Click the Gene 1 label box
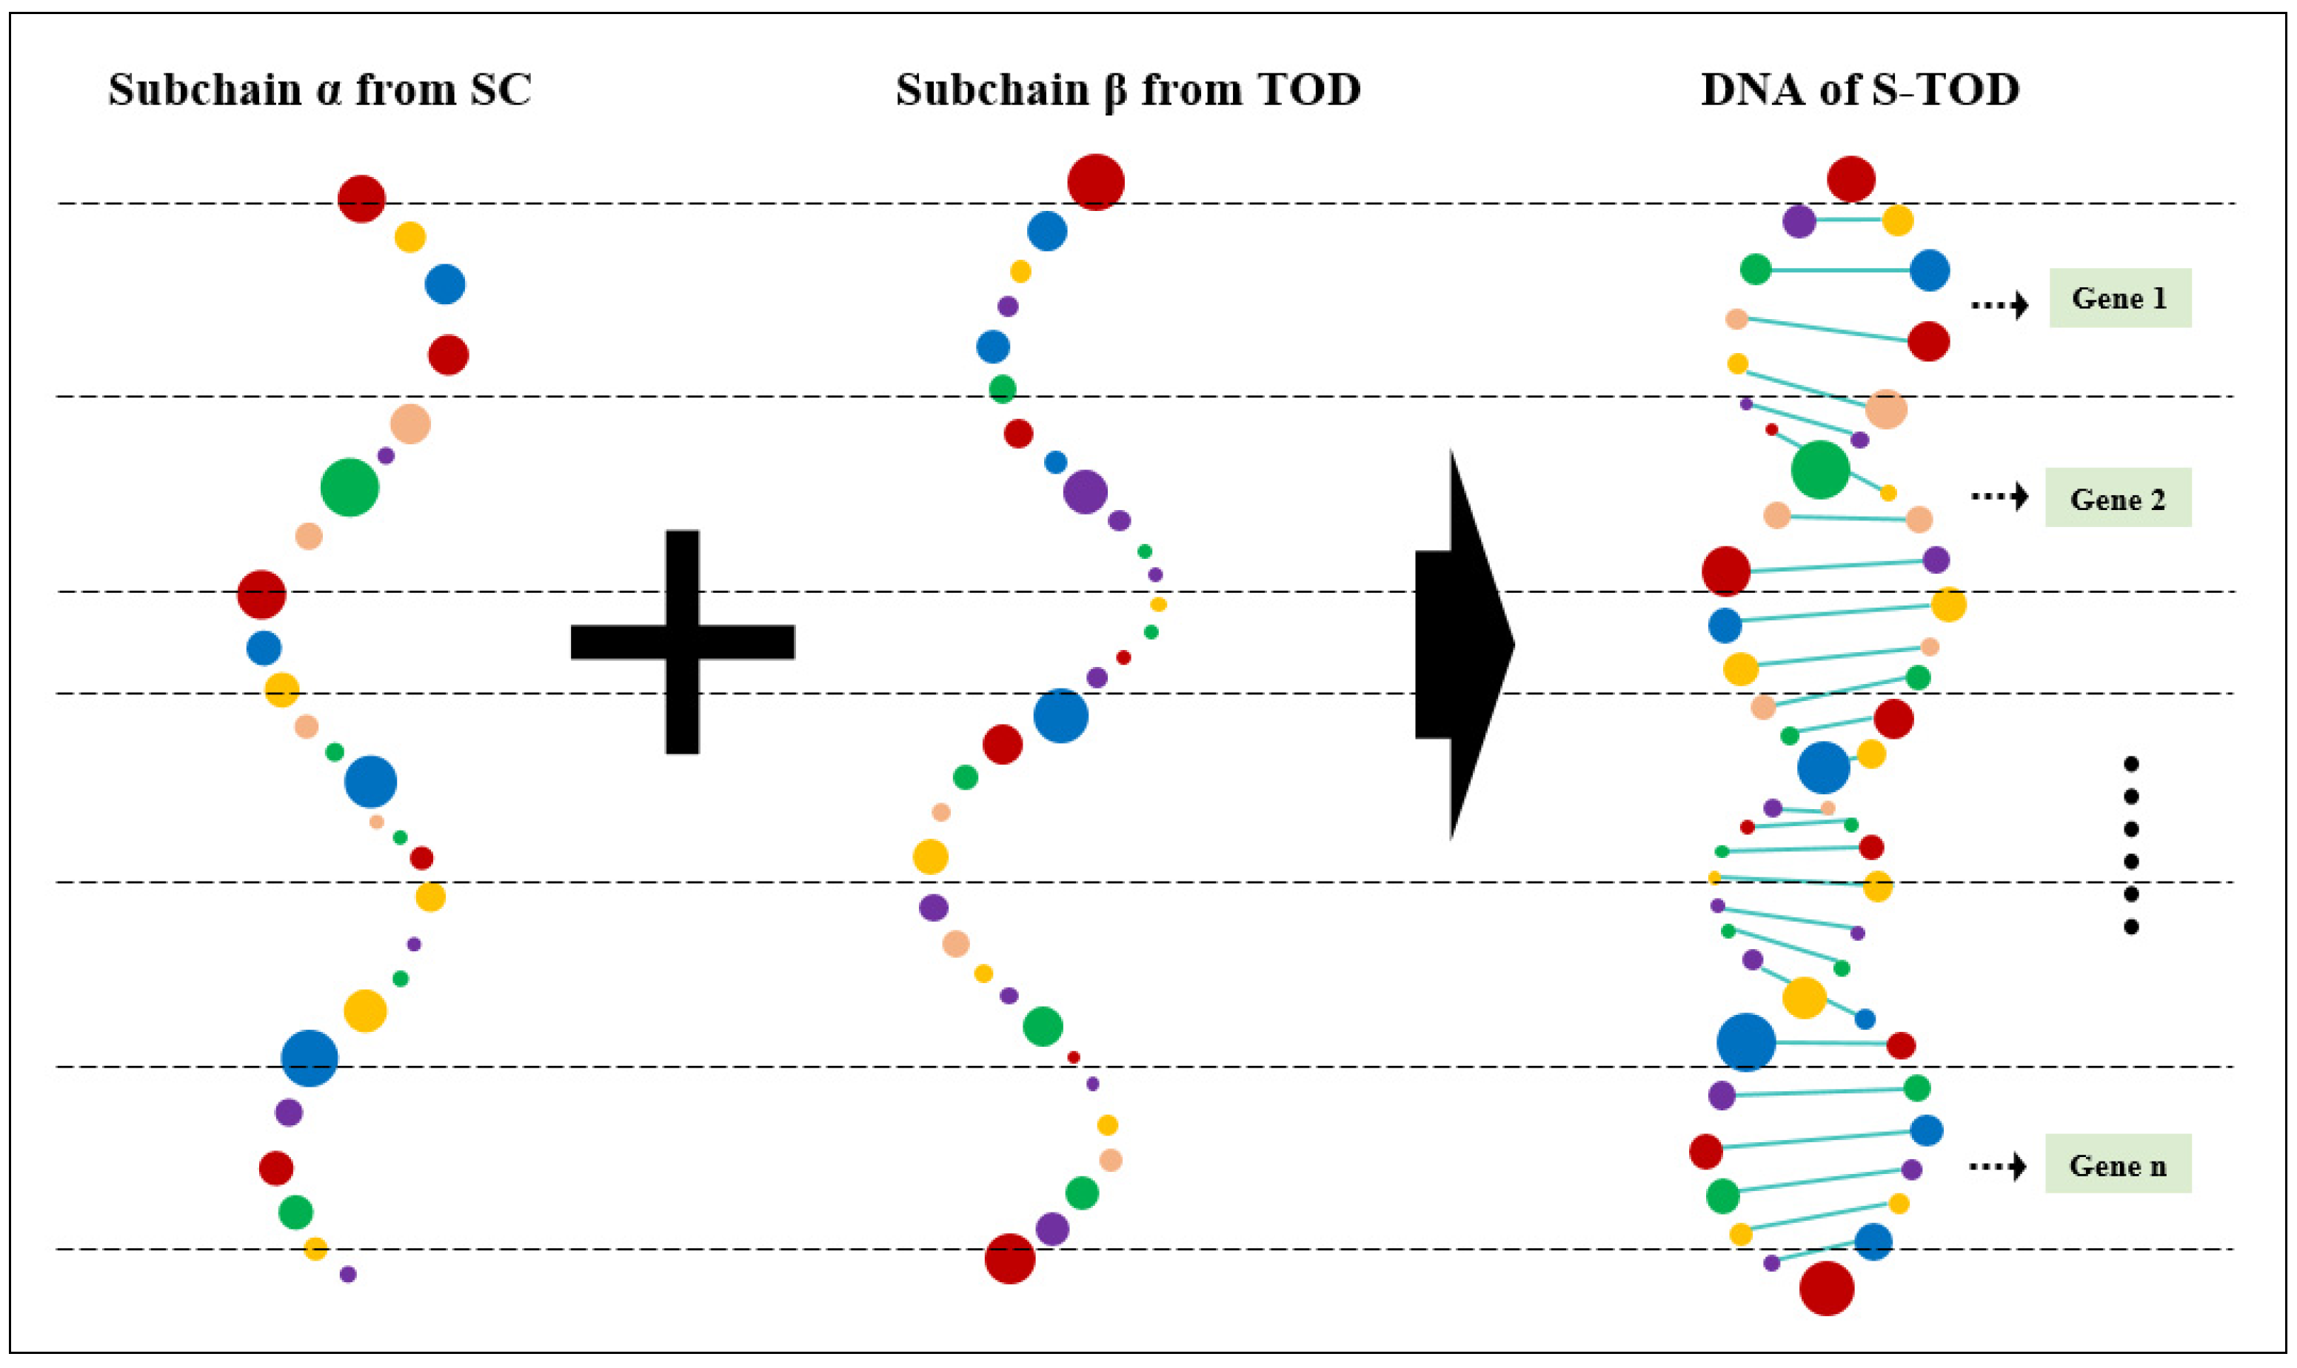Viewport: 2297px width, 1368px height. [2119, 298]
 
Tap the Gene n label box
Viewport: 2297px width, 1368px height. [2117, 1164]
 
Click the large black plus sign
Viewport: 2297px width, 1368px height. [683, 642]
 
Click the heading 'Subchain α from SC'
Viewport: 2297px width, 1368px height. [320, 90]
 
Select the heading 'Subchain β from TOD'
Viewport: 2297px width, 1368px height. [1128, 90]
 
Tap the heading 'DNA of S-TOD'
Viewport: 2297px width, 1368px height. [1860, 90]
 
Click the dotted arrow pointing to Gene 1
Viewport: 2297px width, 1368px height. [1999, 304]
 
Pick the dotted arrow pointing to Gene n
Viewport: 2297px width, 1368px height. [1997, 1167]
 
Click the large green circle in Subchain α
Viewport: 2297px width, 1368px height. [350, 487]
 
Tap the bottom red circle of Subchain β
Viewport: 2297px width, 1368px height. [1010, 1258]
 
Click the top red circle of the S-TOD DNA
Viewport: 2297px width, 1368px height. [1850, 179]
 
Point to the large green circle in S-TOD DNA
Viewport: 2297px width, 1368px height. [1819, 469]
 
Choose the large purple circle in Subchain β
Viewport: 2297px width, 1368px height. [1084, 492]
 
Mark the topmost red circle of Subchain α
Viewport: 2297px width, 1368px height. [361, 198]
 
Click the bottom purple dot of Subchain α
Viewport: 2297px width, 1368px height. [347, 1274]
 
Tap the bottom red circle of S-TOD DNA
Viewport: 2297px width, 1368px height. [1826, 1288]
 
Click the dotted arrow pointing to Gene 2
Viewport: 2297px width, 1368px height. [1999, 497]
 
